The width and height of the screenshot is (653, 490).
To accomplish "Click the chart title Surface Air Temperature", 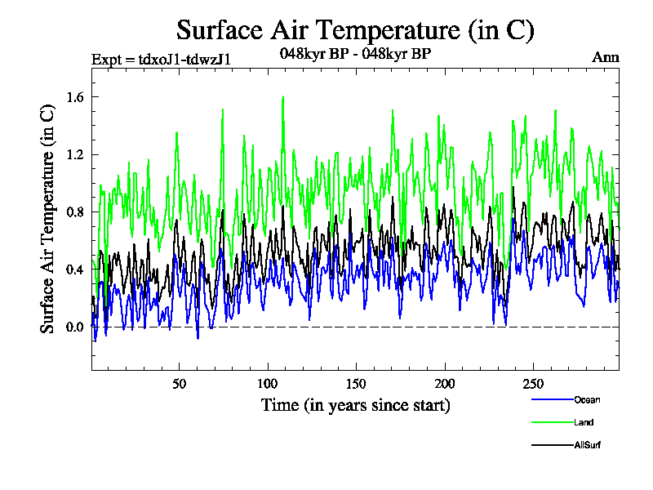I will click(355, 30).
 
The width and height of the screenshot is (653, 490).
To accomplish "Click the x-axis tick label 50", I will click(180, 384).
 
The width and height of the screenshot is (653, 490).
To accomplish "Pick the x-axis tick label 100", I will click(268, 384).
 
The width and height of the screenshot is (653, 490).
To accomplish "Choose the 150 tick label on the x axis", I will click(356, 384).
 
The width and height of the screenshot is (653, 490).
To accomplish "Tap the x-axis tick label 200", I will click(444, 384).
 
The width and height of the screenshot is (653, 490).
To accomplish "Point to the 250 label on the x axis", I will click(532, 384).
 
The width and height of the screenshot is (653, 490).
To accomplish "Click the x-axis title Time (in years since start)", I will click(355, 404).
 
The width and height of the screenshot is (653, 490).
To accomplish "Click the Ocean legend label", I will click(587, 399).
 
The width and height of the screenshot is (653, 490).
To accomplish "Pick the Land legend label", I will click(584, 422).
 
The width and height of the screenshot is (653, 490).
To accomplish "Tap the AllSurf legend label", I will click(588, 445).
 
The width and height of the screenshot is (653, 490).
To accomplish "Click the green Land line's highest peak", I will click(282, 97).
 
